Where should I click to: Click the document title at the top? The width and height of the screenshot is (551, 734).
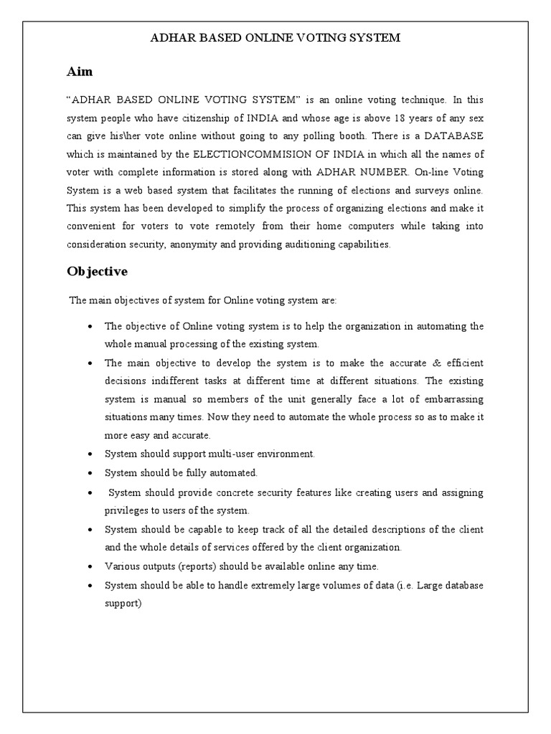275,38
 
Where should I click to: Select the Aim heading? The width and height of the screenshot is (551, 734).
79,72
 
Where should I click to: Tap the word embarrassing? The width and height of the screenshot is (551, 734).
450,399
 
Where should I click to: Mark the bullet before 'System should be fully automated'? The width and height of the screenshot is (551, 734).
90,474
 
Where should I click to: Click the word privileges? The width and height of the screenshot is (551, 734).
128,510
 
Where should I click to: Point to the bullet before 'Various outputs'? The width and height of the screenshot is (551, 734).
90,567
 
